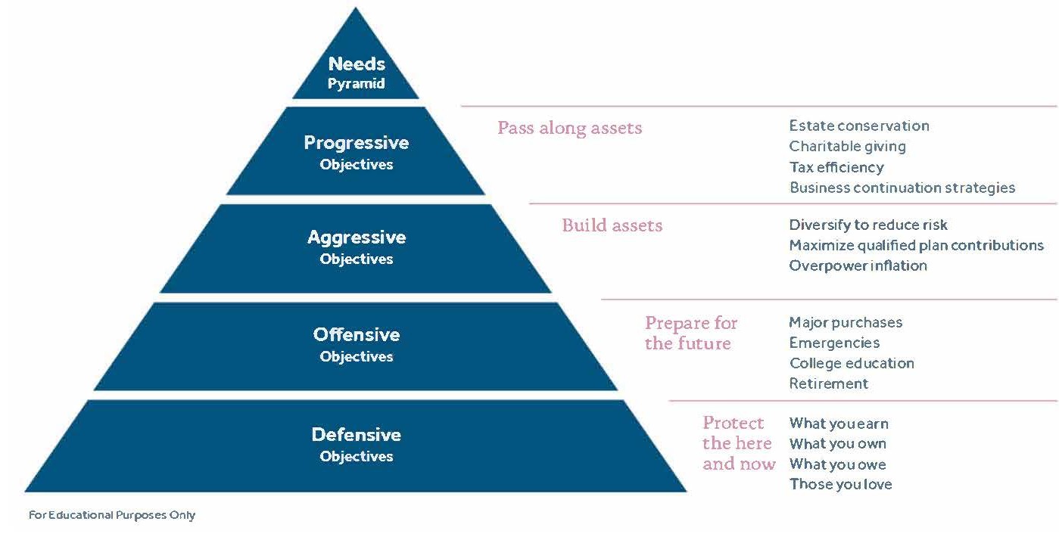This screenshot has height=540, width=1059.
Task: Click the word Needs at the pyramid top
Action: tap(357, 65)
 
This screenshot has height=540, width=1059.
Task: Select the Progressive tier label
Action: tap(356, 143)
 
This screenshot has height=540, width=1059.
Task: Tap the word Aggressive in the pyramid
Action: tap(356, 237)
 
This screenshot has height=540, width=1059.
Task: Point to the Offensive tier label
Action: tap(356, 334)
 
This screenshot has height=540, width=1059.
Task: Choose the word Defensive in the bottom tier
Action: tap(356, 435)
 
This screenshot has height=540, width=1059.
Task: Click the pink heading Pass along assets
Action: tap(569, 128)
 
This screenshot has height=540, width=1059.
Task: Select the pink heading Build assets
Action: tap(612, 225)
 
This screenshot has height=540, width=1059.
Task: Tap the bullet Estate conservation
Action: tap(858, 126)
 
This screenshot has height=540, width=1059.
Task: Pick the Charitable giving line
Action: tap(847, 147)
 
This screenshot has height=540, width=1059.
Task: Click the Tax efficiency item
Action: tap(836, 167)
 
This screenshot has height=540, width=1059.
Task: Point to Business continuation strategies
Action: tap(902, 188)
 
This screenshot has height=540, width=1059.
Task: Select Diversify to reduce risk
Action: tap(867, 225)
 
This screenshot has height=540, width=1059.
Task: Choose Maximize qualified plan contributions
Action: tap(916, 245)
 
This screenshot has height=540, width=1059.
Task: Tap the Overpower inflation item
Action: tap(858, 265)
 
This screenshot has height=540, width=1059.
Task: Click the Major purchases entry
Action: tap(846, 323)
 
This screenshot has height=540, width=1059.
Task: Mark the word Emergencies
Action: tap(834, 343)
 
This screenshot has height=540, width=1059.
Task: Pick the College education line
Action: tap(852, 364)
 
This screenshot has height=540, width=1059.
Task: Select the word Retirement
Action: tap(828, 384)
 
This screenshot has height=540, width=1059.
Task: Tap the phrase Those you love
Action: tap(840, 485)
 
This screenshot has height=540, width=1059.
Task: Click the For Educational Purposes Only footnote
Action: tap(112, 516)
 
